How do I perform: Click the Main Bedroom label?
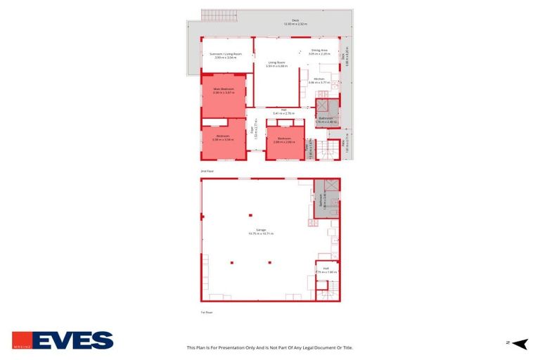click(x=224, y=90)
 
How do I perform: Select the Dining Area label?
click(x=320, y=51)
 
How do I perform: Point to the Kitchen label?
click(x=319, y=79)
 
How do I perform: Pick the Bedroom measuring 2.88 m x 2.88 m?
click(x=285, y=139)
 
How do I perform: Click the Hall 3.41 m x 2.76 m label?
click(x=283, y=111)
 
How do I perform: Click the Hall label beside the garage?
click(x=326, y=269)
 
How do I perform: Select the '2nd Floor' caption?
click(x=206, y=171)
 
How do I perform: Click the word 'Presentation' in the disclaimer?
click(x=236, y=347)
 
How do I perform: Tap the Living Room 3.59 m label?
click(x=276, y=64)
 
